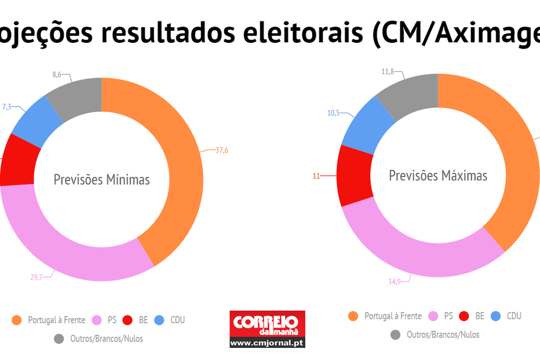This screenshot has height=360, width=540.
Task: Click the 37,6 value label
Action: [221, 150]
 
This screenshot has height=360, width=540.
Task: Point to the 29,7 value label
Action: [37, 277]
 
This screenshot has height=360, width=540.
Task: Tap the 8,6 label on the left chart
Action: [56, 75]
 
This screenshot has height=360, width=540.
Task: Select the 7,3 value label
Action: [7, 107]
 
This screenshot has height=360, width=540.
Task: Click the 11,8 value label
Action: [388, 72]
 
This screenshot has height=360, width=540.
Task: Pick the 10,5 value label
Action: [333, 113]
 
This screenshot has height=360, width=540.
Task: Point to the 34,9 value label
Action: [395, 282]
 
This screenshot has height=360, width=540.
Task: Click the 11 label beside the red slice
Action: [316, 176]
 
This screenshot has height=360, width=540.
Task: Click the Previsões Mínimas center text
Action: [101, 180]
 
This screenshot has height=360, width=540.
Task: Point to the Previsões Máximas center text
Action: [437, 175]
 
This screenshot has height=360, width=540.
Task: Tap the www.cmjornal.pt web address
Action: [267, 343]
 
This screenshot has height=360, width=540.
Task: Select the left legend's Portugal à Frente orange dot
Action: [16, 320]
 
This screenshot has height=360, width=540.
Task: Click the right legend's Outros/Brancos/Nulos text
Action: [443, 334]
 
